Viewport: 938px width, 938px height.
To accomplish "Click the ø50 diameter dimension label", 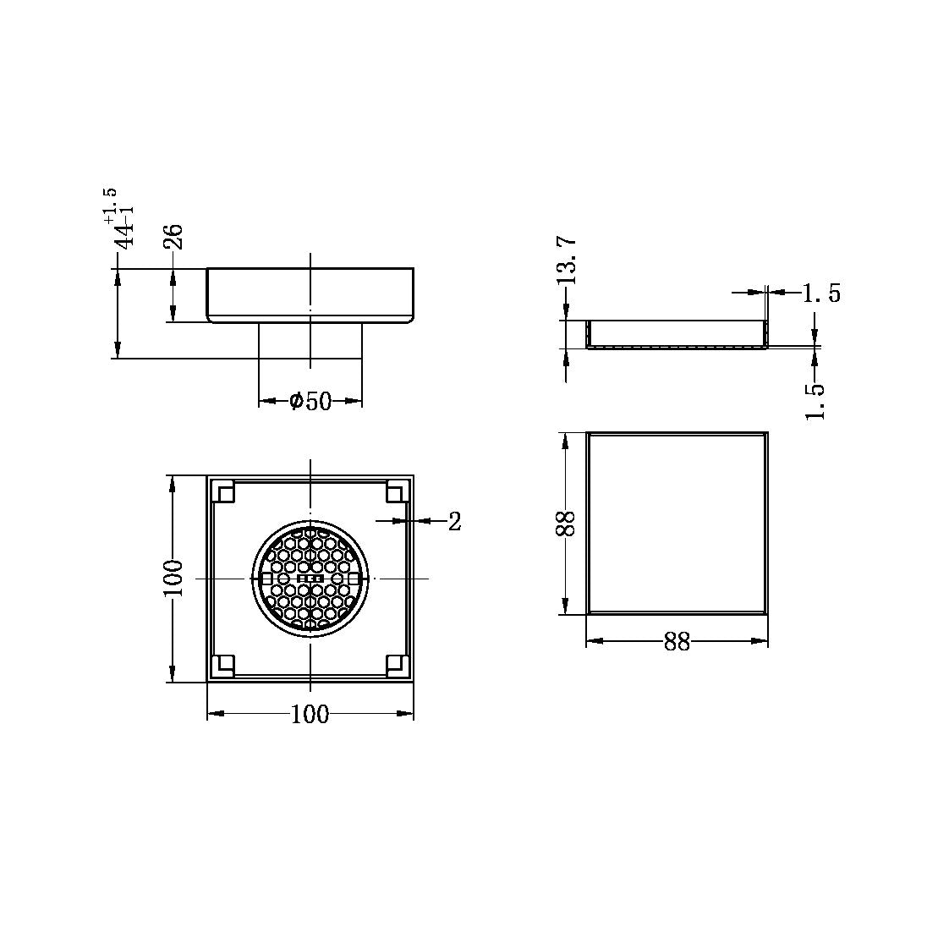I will tap(310, 401).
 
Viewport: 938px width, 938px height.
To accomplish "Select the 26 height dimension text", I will tap(173, 236).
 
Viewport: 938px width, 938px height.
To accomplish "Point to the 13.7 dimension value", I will tap(568, 259).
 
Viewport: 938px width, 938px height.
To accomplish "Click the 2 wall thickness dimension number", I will tap(454, 522).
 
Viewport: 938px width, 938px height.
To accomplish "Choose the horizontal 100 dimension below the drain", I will tap(310, 715).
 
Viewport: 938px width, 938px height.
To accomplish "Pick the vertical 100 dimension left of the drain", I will tap(173, 579).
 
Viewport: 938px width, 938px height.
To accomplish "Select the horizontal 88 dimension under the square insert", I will tap(677, 643).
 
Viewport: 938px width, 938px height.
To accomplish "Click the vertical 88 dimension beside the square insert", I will tap(567, 524).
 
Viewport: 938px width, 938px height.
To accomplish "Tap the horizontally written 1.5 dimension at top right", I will tap(820, 293).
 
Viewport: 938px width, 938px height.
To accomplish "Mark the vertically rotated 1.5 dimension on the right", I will tap(815, 401).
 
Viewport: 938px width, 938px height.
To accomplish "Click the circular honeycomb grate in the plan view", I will tap(310, 579).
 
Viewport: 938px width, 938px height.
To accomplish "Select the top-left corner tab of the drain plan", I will tap(224, 491).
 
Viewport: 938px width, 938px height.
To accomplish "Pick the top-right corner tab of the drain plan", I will tap(396, 491).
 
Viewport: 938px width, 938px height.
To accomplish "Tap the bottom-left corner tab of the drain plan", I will tap(224, 666).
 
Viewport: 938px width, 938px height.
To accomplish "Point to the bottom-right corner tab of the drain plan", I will tap(396, 666).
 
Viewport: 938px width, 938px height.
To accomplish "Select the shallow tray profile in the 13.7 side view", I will tap(677, 335).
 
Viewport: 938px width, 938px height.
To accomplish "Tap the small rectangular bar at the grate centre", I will tap(310, 579).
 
